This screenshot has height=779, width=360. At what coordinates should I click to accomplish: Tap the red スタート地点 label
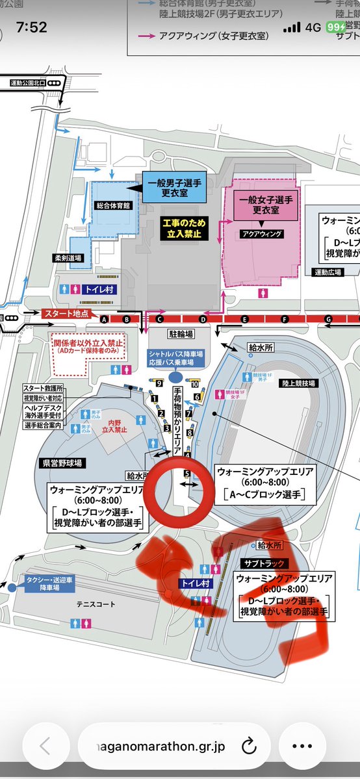[x=65, y=314]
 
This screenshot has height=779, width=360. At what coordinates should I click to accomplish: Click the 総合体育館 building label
[x=113, y=205]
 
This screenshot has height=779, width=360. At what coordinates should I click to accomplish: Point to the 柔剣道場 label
[x=68, y=258]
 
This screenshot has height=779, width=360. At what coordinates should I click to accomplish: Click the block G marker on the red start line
[x=329, y=319]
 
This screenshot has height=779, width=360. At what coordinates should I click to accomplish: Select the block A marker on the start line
[x=103, y=319]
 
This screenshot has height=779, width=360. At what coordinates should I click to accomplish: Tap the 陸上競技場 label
[x=299, y=384]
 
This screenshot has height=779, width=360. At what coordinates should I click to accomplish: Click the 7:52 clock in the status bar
[x=32, y=28]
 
